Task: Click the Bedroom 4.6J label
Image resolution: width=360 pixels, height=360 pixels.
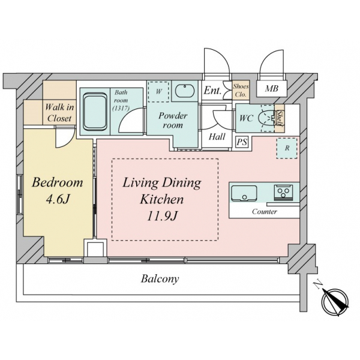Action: coord(58,191)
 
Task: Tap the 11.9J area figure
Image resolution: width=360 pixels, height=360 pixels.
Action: coord(162,216)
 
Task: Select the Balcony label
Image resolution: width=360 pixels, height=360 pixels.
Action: coord(160,279)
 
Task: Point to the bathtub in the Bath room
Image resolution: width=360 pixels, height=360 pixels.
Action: coord(95,112)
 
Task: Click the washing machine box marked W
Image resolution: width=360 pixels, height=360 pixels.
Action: coord(158,92)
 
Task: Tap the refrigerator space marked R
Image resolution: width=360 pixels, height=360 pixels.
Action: coord(287,148)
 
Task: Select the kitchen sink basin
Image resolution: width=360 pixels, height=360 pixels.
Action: coord(244,193)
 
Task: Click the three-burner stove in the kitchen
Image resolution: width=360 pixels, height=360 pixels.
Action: coord(283,193)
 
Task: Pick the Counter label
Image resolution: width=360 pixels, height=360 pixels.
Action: coord(265,211)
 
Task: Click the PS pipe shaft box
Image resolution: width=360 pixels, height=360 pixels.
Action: coord(242,142)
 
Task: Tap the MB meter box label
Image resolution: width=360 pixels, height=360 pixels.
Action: coord(272,88)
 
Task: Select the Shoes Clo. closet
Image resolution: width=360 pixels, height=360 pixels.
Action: coord(241,90)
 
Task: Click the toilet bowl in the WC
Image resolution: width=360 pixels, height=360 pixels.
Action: coord(267,118)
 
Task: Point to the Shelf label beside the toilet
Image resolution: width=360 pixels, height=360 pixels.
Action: coord(280,118)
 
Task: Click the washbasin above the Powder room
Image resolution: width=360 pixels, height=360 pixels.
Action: coord(185,91)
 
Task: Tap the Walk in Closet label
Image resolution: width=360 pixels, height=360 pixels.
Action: coord(59,113)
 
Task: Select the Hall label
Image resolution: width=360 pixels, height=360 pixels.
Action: coord(217,137)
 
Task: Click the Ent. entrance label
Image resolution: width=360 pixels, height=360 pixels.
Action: coord(212,90)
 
